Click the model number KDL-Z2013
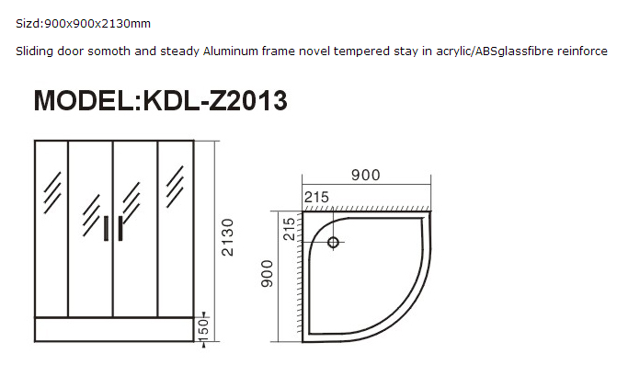tap(215, 100)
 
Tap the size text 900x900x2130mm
tap(97, 24)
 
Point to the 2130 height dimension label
tap(227, 237)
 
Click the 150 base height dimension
tap(202, 327)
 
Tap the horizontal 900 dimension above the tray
tap(366, 175)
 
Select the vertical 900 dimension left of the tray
tap(267, 273)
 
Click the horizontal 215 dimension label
tap(316, 197)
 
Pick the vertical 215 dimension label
tap(290, 229)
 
